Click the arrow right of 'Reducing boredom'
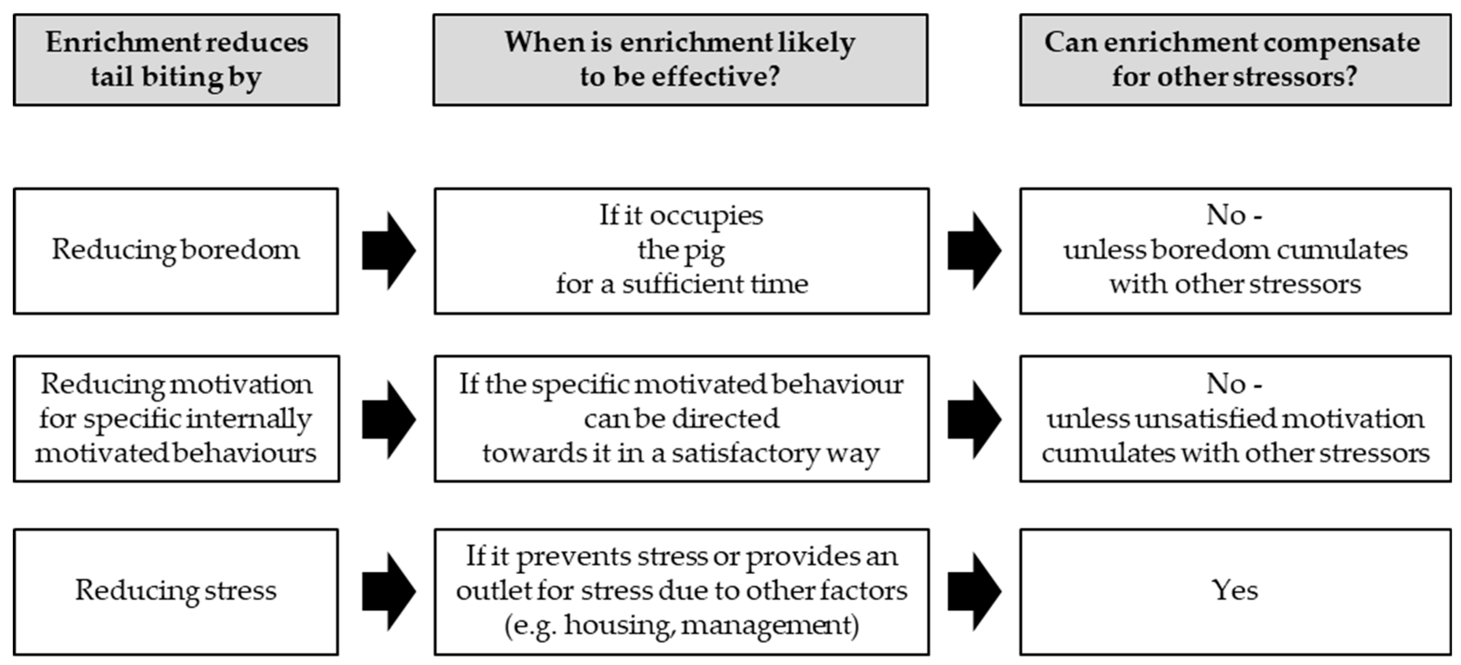coord(389,251)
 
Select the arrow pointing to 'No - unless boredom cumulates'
coord(974,251)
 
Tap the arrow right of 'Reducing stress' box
coord(389,591)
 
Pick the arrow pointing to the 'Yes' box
coord(974,591)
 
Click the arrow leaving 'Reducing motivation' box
coord(389,419)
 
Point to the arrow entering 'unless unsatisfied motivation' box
coord(974,419)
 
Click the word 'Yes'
coord(1235,591)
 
